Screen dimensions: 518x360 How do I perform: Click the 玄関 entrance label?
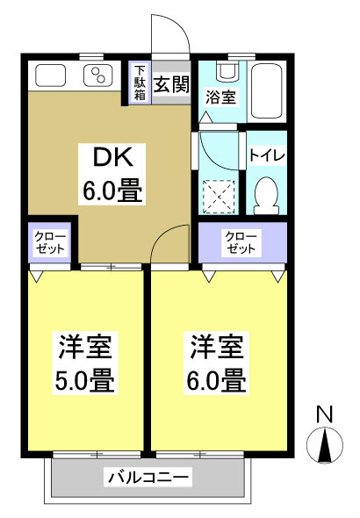point(171,84)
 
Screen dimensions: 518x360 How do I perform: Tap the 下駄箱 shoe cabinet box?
point(139,83)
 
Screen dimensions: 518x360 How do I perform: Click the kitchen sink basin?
point(51,76)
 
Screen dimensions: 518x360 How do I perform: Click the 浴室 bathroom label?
point(220,97)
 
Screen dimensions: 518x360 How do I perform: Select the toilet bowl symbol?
point(266,191)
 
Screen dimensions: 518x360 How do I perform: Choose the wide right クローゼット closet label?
point(241,243)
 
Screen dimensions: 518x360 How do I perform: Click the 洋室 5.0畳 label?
point(86,365)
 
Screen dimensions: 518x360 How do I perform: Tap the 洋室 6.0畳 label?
point(217,365)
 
